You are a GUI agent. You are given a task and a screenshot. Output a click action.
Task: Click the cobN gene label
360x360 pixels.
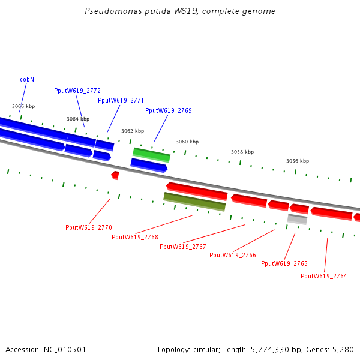[x=27, y=79]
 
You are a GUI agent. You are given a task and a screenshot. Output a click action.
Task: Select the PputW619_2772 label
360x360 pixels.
[x=77, y=91]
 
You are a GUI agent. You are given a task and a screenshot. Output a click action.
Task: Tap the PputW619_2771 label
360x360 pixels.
[x=121, y=101]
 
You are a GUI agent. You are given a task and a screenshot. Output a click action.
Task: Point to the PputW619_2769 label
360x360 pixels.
[x=169, y=110]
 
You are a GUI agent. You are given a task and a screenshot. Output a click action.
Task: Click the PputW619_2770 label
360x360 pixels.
[x=89, y=227]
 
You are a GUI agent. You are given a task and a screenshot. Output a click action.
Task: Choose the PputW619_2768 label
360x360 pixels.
[x=135, y=237]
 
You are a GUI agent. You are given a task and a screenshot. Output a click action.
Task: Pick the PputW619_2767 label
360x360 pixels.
[x=183, y=247]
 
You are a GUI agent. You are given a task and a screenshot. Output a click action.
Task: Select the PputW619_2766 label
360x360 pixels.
[x=233, y=255]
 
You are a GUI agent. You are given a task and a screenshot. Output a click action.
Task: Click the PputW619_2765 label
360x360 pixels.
[x=284, y=263]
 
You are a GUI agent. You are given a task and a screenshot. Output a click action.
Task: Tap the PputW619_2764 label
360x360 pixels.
[x=324, y=276]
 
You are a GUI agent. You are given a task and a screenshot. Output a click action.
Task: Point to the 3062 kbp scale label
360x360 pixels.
[x=133, y=131]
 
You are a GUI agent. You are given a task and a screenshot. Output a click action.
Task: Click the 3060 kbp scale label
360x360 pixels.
[x=187, y=142]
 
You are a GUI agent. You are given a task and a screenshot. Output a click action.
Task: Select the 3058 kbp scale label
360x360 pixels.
[x=242, y=152]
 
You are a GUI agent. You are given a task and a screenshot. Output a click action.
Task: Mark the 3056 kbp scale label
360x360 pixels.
[x=298, y=161]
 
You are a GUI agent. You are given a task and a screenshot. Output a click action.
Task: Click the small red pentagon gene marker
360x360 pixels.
[x=115, y=175]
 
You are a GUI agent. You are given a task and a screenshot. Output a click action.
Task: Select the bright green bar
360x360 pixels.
[x=152, y=155]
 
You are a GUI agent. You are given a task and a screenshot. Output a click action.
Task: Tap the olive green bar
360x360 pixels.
[x=194, y=202]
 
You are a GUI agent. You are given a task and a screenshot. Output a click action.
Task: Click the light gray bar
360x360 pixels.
[x=298, y=219]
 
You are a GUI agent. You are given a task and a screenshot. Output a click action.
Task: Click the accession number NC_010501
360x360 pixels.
[x=65, y=350]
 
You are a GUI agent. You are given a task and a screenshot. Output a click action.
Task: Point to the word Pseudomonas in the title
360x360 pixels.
[x=113, y=11]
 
